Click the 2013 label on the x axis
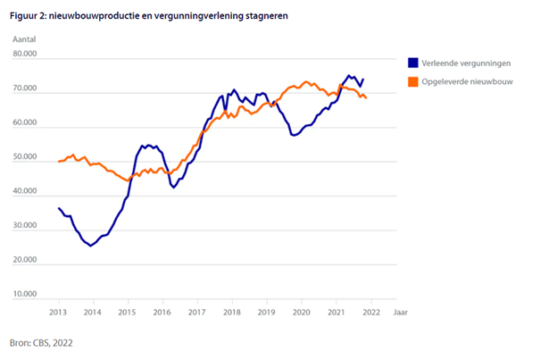57,313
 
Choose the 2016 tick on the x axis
162,313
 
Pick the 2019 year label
266,313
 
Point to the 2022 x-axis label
371,313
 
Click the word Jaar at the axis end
402,313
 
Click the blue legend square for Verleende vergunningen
412,63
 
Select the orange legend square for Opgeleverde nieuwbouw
412,81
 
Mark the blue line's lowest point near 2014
90,246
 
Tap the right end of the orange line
367,98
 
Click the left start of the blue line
58,208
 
